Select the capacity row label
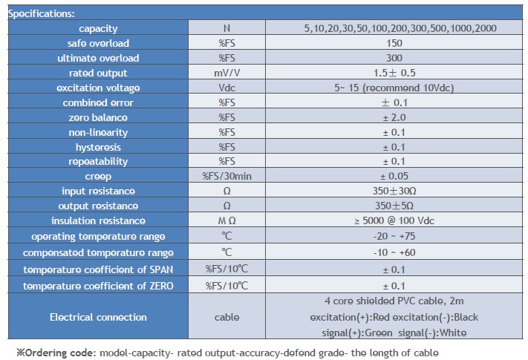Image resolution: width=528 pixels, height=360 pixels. [98, 28]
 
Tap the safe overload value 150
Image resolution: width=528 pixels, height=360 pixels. [394, 43]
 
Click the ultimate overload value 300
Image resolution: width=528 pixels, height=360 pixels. [394, 58]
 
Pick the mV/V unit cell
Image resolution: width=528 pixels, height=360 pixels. [226, 73]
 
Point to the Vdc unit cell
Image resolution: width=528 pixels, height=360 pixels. [226, 88]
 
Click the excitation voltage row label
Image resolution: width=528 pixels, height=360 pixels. [98, 88]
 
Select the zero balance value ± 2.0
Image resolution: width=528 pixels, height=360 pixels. [394, 117]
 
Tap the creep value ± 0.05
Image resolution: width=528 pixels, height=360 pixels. [394, 177]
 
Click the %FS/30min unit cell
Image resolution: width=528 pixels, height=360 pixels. [226, 177]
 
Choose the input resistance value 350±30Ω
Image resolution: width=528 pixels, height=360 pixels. [394, 192]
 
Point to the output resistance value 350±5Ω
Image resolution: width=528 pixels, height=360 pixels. [394, 206]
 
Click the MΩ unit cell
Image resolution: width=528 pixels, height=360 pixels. [226, 220]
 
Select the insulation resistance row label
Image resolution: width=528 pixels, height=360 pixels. [98, 220]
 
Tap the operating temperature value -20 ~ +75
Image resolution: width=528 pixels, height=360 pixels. [394, 237]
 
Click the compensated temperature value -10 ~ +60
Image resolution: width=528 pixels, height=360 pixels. [394, 252]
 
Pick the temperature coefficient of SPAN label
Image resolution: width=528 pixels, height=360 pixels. [98, 269]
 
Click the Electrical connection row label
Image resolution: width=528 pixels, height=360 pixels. [98, 317]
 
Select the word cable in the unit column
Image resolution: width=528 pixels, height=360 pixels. [226, 317]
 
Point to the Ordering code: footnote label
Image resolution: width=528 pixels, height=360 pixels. [56, 351]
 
